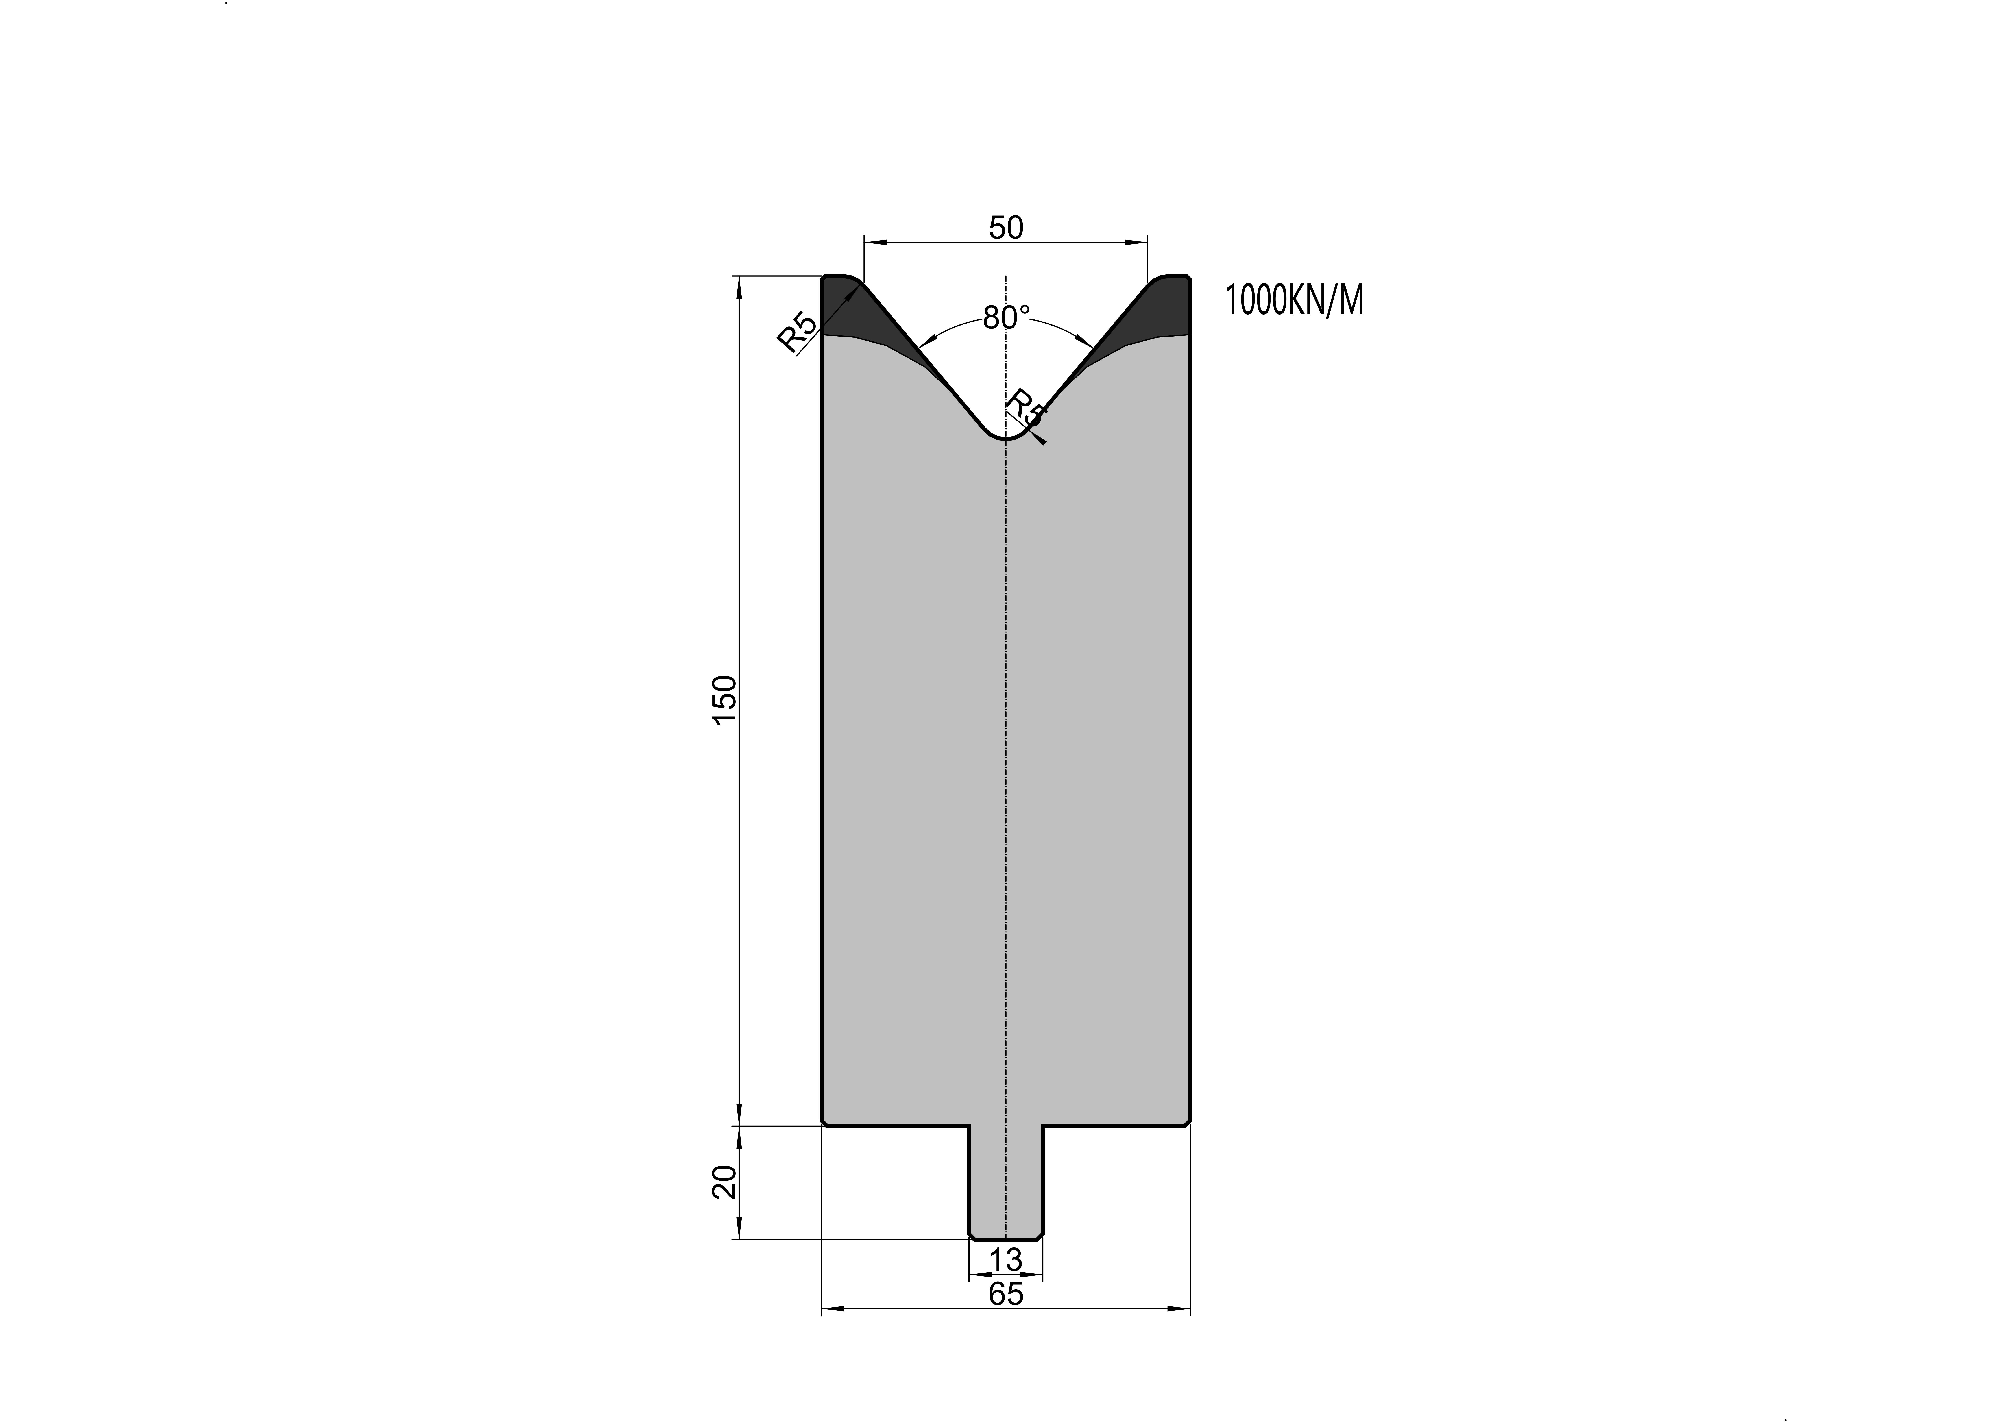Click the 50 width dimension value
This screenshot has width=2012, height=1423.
pyautogui.click(x=1006, y=228)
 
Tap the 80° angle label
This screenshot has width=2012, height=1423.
pyautogui.click(x=1006, y=317)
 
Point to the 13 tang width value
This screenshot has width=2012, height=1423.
pyautogui.click(x=1006, y=1260)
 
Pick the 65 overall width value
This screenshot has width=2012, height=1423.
pyautogui.click(x=1006, y=1293)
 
